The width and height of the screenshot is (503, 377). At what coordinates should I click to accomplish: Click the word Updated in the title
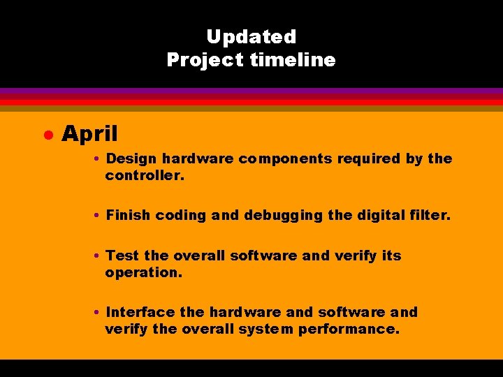tap(251, 37)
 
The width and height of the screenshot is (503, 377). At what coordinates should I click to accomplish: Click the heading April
tap(89, 133)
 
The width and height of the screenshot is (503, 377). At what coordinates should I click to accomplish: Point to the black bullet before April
tap(48, 134)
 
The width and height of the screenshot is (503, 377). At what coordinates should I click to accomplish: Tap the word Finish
tap(128, 216)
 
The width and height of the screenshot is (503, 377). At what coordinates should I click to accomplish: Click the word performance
tap(349, 330)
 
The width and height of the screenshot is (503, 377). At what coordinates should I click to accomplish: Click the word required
tap(369, 159)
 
